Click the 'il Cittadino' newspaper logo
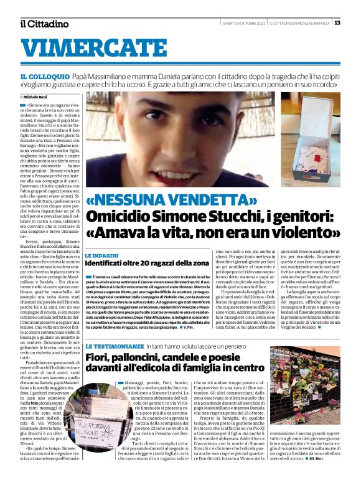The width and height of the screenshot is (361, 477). point(44,24)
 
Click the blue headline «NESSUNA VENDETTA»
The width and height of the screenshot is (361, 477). point(172,200)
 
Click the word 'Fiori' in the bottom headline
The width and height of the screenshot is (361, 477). point(101,357)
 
